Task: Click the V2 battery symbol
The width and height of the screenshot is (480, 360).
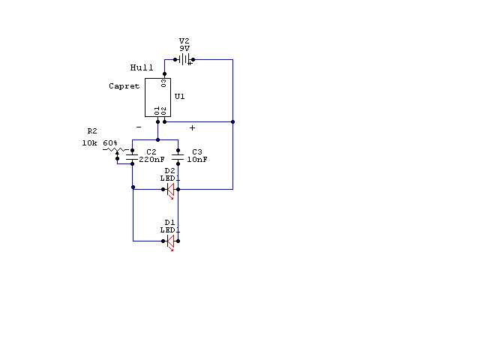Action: (184, 59)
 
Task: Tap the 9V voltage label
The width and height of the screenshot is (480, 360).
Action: (184, 48)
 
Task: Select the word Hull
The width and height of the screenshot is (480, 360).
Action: (142, 67)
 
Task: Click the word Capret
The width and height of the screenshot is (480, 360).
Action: (124, 86)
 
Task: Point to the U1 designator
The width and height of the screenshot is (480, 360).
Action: (179, 97)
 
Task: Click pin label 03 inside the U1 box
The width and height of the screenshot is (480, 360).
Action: (163, 83)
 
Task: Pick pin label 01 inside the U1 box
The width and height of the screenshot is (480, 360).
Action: (157, 110)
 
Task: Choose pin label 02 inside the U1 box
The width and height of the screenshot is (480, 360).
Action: (163, 110)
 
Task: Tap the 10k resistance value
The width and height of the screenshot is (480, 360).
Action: (89, 143)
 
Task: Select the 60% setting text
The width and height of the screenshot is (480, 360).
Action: (110, 143)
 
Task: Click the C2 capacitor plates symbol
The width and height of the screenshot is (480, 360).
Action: (132, 157)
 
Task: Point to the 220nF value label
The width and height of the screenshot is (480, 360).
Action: (151, 160)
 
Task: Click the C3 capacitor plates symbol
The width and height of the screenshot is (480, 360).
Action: (178, 157)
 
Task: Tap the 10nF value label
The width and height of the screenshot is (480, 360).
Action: (197, 160)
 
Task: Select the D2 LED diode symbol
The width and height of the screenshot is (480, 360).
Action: (170, 190)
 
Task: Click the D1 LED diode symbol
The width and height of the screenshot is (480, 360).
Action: (170, 241)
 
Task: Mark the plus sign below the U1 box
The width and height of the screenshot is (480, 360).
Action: (192, 127)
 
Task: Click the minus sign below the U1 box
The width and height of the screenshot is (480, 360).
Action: (139, 127)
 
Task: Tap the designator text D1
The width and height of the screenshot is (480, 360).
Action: (169, 223)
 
